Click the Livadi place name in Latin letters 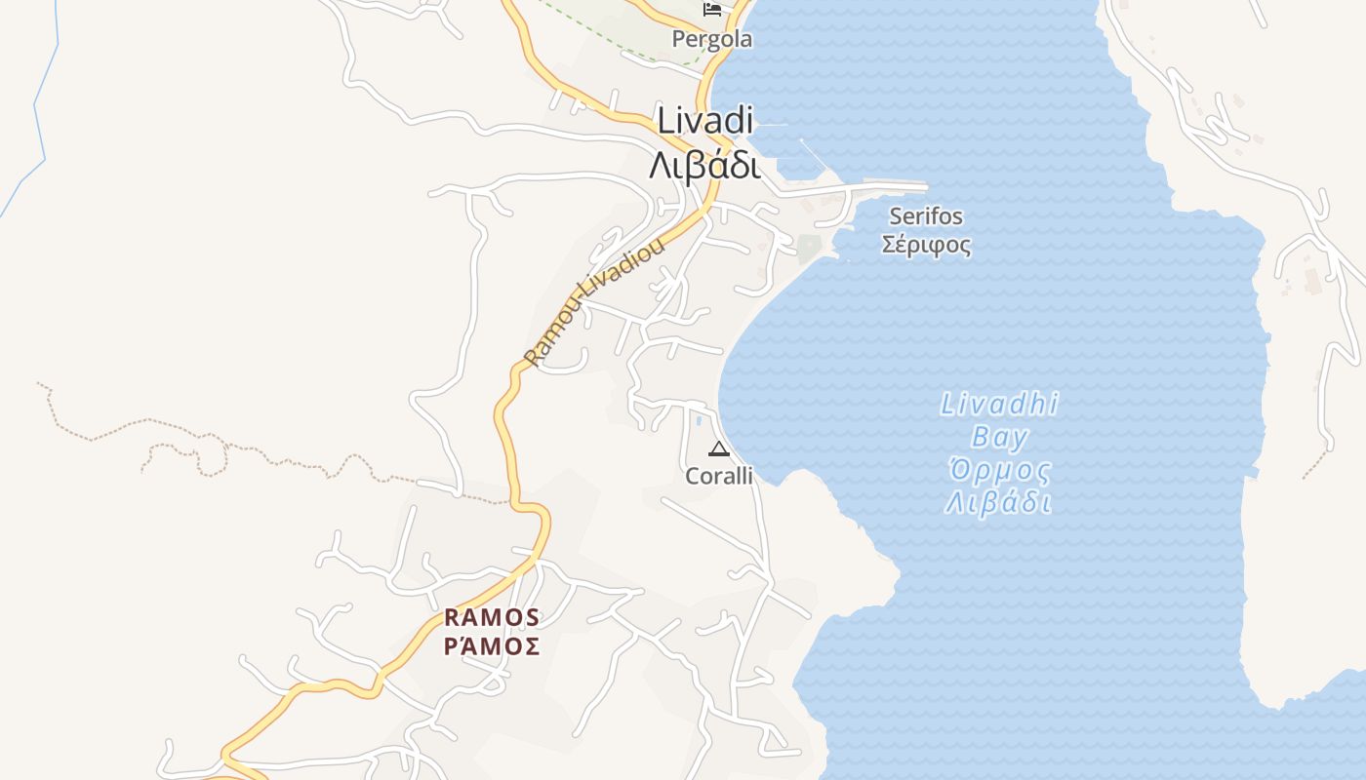tap(705, 121)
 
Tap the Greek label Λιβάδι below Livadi tap(704, 166)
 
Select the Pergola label tap(712, 40)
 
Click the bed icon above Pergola tap(712, 10)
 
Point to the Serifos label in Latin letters tap(926, 216)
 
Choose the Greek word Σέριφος tap(926, 245)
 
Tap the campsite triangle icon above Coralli tap(719, 449)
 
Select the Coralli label tap(719, 476)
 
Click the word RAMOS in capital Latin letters tap(492, 618)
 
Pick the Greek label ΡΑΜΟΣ tap(492, 646)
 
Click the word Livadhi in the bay tap(999, 405)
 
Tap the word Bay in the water tap(999, 437)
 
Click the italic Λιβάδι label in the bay tap(999, 504)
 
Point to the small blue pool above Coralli tap(699, 421)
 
